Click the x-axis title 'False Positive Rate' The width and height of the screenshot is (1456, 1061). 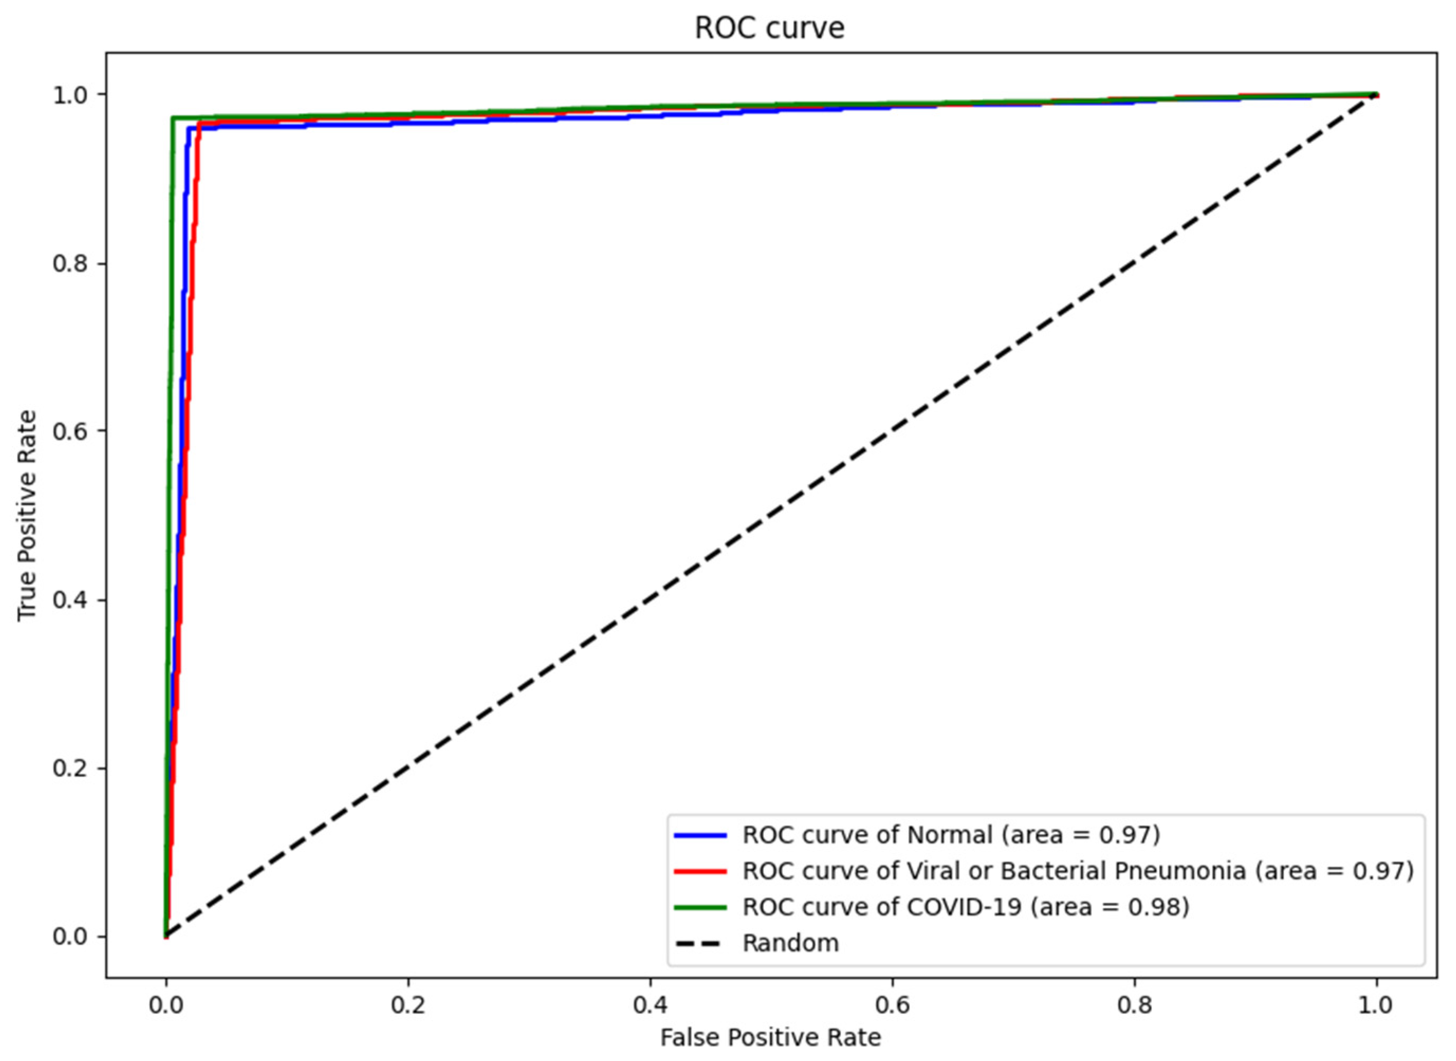770,1037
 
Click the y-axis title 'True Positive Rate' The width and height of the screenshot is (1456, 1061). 27,516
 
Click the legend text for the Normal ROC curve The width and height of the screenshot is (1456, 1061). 951,835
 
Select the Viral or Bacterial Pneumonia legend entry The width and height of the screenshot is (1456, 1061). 1078,871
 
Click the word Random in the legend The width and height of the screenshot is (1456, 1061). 790,943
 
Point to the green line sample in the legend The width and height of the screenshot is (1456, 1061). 700,907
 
